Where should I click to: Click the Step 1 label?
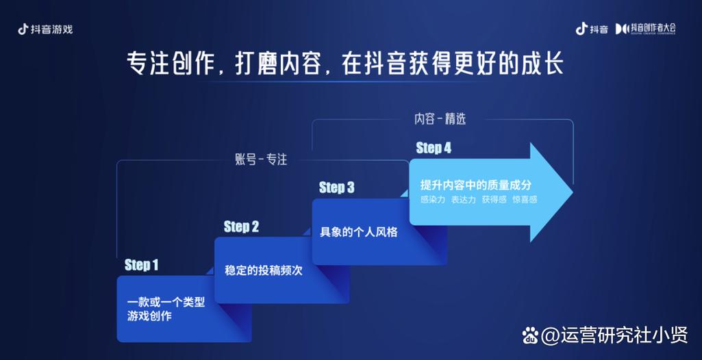(142, 265)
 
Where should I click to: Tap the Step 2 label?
(241, 227)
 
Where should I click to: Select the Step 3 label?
(337, 188)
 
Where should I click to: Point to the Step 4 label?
(434, 148)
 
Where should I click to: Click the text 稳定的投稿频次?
(264, 270)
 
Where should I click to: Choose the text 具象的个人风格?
(359, 232)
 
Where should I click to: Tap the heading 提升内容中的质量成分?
(475, 185)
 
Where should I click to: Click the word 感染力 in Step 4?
(433, 200)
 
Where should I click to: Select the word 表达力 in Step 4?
(464, 200)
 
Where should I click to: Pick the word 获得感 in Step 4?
(494, 200)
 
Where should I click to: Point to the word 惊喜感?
(525, 200)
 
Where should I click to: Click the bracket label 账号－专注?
(261, 159)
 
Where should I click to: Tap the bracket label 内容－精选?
(440, 118)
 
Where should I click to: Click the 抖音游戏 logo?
(45, 29)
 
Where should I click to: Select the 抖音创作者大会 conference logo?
(646, 29)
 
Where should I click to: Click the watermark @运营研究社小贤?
(614, 335)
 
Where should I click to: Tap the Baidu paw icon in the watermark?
(531, 335)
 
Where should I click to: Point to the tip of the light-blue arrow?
(573, 193)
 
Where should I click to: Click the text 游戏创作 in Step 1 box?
(149, 316)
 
